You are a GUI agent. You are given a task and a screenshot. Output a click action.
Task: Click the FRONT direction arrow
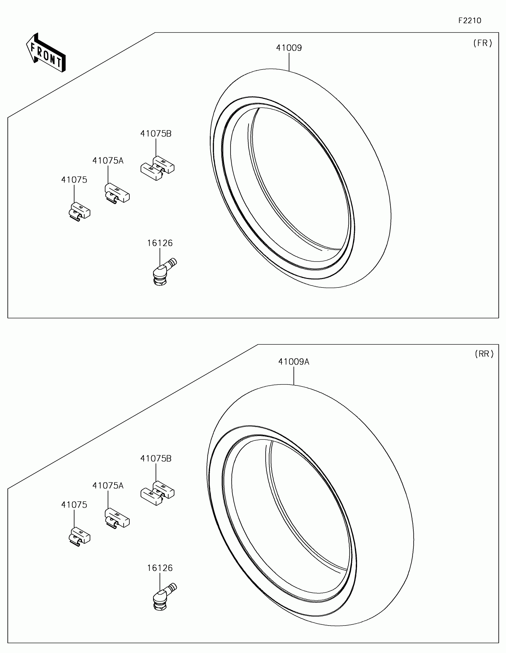(x=46, y=52)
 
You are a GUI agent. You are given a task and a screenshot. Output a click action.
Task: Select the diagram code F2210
(x=470, y=21)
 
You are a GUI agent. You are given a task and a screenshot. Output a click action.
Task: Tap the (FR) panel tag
(x=483, y=43)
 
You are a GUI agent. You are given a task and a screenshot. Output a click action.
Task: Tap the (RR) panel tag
(x=484, y=354)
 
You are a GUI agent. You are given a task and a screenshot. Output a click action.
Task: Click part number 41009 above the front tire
(x=289, y=48)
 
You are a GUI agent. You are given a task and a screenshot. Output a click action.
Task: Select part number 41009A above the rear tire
(x=293, y=362)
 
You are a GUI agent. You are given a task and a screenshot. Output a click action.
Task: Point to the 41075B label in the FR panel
(x=156, y=134)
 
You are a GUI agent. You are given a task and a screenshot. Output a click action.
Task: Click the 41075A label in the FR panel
(x=108, y=161)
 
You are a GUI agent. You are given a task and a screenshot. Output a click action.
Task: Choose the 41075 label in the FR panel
(x=74, y=180)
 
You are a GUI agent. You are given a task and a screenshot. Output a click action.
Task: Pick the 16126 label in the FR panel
(x=160, y=243)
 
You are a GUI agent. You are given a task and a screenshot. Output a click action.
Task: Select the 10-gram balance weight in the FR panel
(x=79, y=211)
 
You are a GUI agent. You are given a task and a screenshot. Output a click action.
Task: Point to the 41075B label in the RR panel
(x=156, y=459)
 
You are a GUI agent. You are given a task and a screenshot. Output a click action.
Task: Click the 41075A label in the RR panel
(x=108, y=486)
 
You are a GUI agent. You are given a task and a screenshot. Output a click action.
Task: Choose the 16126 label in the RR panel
(x=160, y=568)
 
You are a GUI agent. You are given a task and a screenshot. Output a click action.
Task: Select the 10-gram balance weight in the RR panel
(x=79, y=536)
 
